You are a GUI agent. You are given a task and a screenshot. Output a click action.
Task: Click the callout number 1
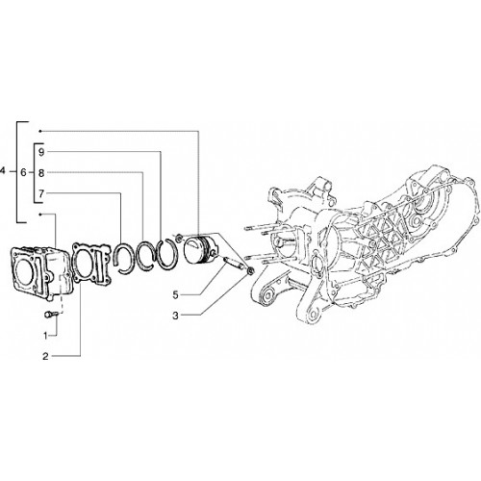45,336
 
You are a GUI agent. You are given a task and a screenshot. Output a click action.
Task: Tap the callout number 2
45,356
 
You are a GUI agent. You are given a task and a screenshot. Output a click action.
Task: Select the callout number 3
175,316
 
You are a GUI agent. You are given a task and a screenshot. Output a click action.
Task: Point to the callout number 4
3,171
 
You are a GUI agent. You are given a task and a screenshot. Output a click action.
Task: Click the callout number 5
175,295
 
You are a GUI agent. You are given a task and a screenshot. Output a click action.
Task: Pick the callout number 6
23,172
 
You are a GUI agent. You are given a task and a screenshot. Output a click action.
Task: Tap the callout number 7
41,193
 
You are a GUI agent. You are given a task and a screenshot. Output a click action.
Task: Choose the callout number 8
41,173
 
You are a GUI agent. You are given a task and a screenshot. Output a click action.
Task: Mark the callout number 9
41,152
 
